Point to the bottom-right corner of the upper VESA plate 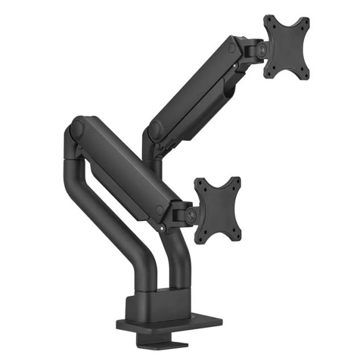307,77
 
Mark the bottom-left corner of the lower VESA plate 197,241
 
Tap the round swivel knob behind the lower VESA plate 192,215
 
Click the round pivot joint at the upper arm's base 154,130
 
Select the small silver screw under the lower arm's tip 163,230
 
